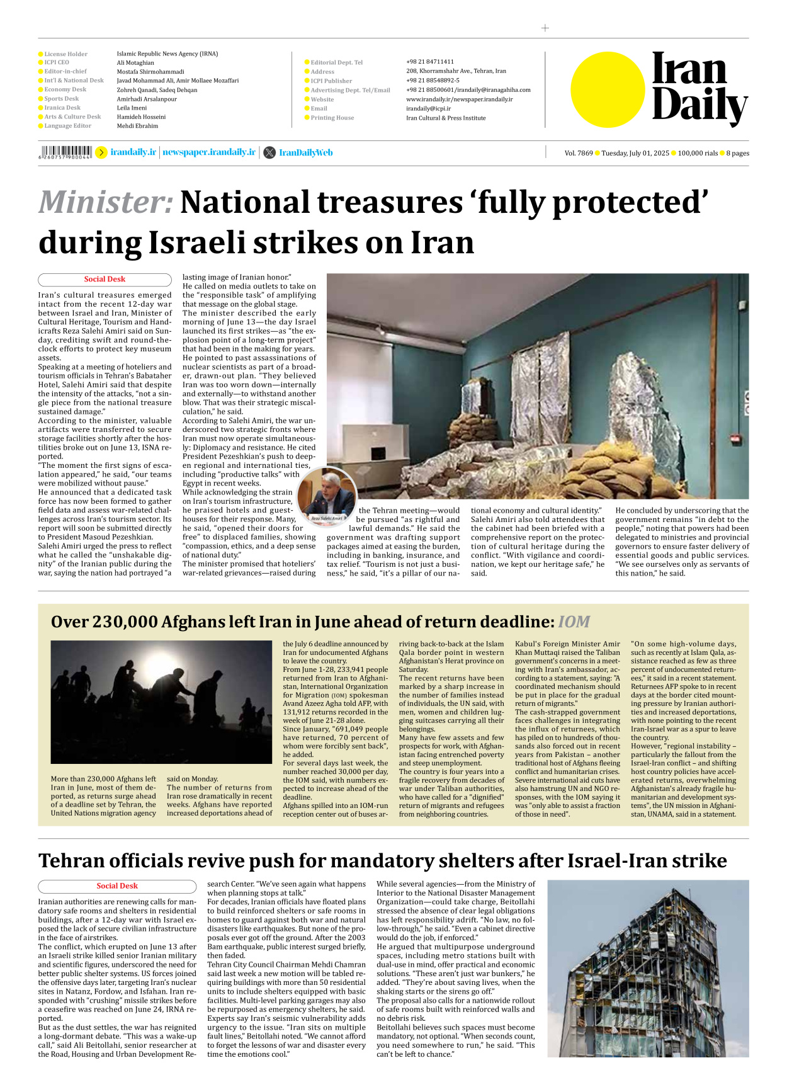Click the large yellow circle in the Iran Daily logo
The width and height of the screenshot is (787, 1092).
(608, 89)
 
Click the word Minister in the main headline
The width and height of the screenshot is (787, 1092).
(105, 202)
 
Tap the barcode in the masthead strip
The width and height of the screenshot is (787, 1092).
(66, 152)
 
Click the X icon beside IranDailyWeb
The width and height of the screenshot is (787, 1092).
(269, 152)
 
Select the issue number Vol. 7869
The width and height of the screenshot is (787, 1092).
(578, 153)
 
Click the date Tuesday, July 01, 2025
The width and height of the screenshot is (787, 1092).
(635, 153)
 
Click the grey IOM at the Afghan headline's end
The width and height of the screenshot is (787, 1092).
(574, 622)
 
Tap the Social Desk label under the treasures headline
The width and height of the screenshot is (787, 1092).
(105, 279)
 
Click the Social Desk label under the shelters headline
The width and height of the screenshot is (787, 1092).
(116, 885)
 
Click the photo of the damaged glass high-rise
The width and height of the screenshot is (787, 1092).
(648, 968)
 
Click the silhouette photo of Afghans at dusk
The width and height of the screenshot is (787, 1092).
(161, 702)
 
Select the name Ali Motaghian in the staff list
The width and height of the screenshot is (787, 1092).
(135, 63)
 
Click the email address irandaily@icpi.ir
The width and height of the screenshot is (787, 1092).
(428, 108)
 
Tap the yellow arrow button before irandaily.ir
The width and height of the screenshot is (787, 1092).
(101, 152)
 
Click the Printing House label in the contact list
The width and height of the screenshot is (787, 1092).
(332, 118)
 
